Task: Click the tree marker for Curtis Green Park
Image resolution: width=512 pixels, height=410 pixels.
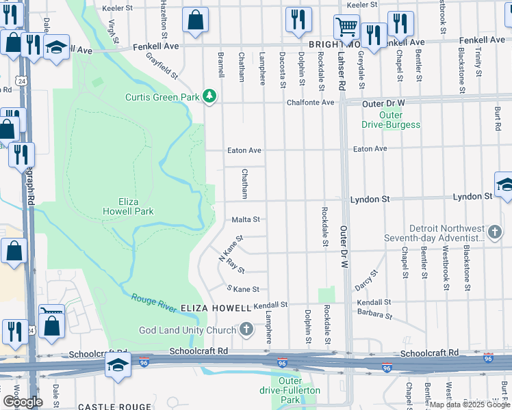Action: (x=210, y=97)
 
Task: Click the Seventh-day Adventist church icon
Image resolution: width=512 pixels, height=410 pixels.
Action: (x=495, y=233)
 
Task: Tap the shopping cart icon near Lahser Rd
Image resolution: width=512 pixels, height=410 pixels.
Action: (x=346, y=27)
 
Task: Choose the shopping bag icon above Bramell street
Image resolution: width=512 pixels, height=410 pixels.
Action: (x=195, y=20)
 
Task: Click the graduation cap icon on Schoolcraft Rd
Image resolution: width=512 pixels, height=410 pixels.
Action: (x=118, y=365)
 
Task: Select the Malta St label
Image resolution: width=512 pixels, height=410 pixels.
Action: (x=246, y=220)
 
